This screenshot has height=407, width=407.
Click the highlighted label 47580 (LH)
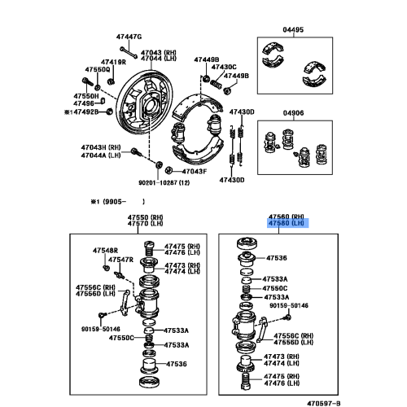coord(288,223)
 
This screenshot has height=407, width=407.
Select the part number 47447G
coord(129,37)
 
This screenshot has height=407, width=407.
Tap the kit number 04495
coord(293,29)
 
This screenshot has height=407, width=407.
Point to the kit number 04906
coord(293,113)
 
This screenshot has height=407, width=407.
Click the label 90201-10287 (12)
coord(164,183)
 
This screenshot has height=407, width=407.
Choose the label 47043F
coord(195,172)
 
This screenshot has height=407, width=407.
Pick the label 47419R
coord(113,62)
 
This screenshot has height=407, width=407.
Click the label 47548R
coord(105,251)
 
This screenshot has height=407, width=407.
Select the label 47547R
coord(120,260)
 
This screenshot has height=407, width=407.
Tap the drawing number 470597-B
coord(324,403)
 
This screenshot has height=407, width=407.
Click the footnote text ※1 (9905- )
coord(118,202)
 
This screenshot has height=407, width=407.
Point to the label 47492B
coord(86,112)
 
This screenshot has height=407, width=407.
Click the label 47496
coord(84,103)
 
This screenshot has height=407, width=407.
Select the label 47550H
coord(86,96)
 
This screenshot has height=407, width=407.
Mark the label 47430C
coord(224,67)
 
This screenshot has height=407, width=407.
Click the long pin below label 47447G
coord(129,52)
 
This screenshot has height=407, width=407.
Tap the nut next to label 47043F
coord(168,170)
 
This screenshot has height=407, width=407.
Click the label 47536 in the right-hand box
coord(276,258)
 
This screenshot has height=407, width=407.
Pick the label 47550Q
coord(98,70)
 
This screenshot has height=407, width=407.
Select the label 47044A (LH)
coord(101,155)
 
